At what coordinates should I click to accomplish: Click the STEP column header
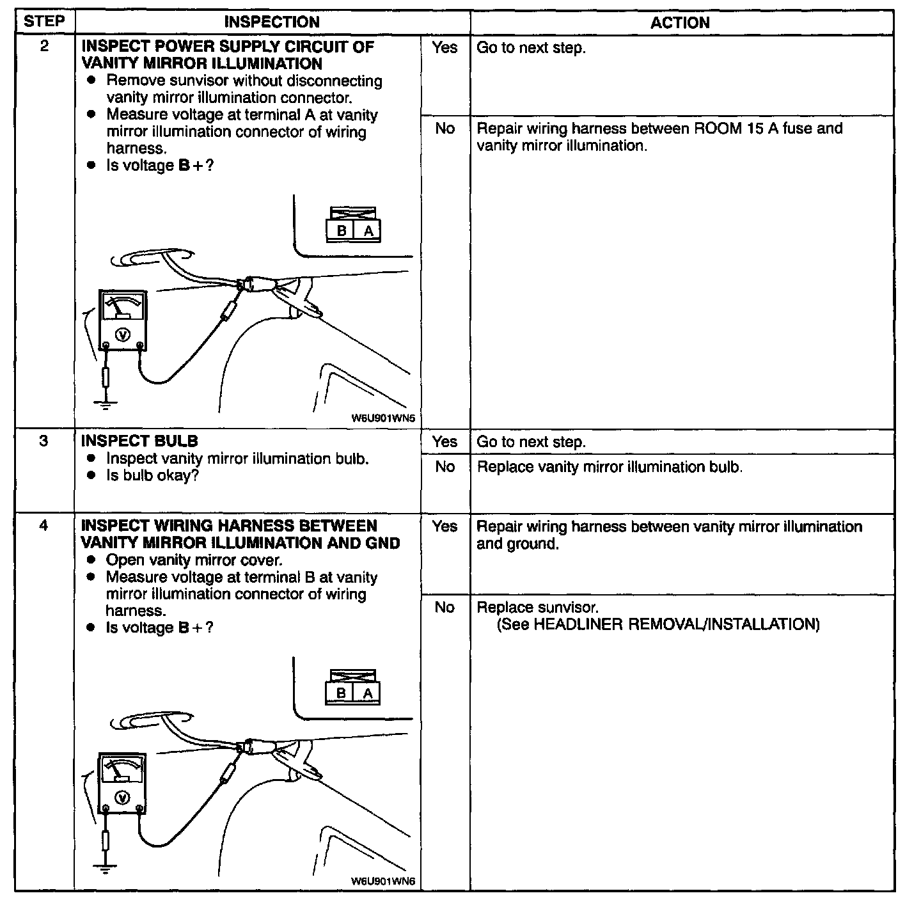point(44,21)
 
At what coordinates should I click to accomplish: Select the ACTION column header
point(680,23)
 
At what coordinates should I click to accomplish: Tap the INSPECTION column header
point(272,22)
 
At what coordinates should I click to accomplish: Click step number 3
point(43,441)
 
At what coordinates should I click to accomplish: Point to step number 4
point(43,526)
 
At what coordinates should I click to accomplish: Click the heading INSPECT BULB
point(139,441)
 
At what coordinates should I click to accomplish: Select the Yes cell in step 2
point(445,47)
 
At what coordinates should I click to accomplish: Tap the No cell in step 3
point(445,467)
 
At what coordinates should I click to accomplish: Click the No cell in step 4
point(445,607)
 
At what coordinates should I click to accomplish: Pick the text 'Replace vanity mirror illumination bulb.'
point(610,467)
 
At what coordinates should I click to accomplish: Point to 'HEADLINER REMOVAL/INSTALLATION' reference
point(675,624)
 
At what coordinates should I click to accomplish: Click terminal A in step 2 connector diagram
point(368,231)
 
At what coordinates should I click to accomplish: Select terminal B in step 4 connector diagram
point(341,693)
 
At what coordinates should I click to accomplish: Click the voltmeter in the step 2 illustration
point(122,320)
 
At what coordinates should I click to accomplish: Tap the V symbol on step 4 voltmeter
point(122,797)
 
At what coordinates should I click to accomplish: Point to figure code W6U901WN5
point(383,418)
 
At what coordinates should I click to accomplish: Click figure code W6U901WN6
point(383,881)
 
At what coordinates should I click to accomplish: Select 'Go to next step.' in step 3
point(531,442)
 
